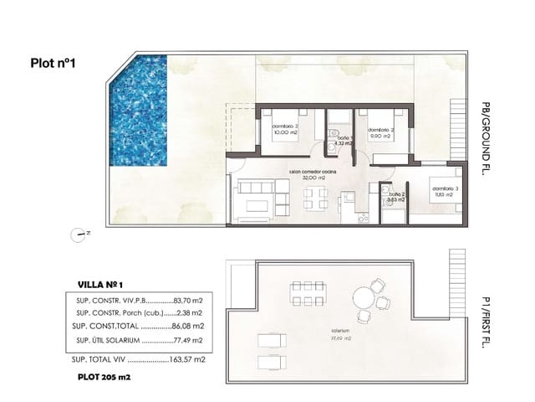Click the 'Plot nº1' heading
(54, 61)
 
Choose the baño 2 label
(395, 198)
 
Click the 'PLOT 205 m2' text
(104, 378)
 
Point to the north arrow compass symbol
(79, 235)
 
